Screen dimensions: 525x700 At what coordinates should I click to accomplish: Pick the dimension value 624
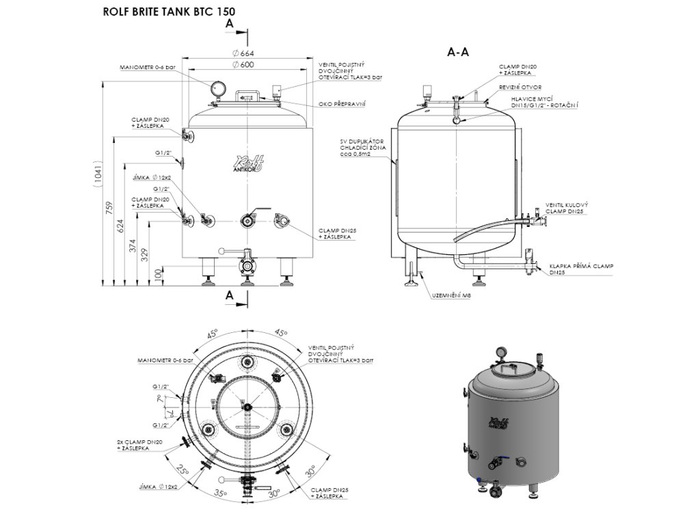tap(122, 225)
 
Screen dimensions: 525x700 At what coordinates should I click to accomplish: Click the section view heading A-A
tap(457, 51)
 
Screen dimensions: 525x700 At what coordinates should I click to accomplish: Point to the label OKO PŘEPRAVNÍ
tap(342, 104)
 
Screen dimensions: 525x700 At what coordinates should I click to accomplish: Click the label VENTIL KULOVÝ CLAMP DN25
tap(567, 208)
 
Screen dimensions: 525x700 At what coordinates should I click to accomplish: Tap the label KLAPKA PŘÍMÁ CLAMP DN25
tap(581, 268)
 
